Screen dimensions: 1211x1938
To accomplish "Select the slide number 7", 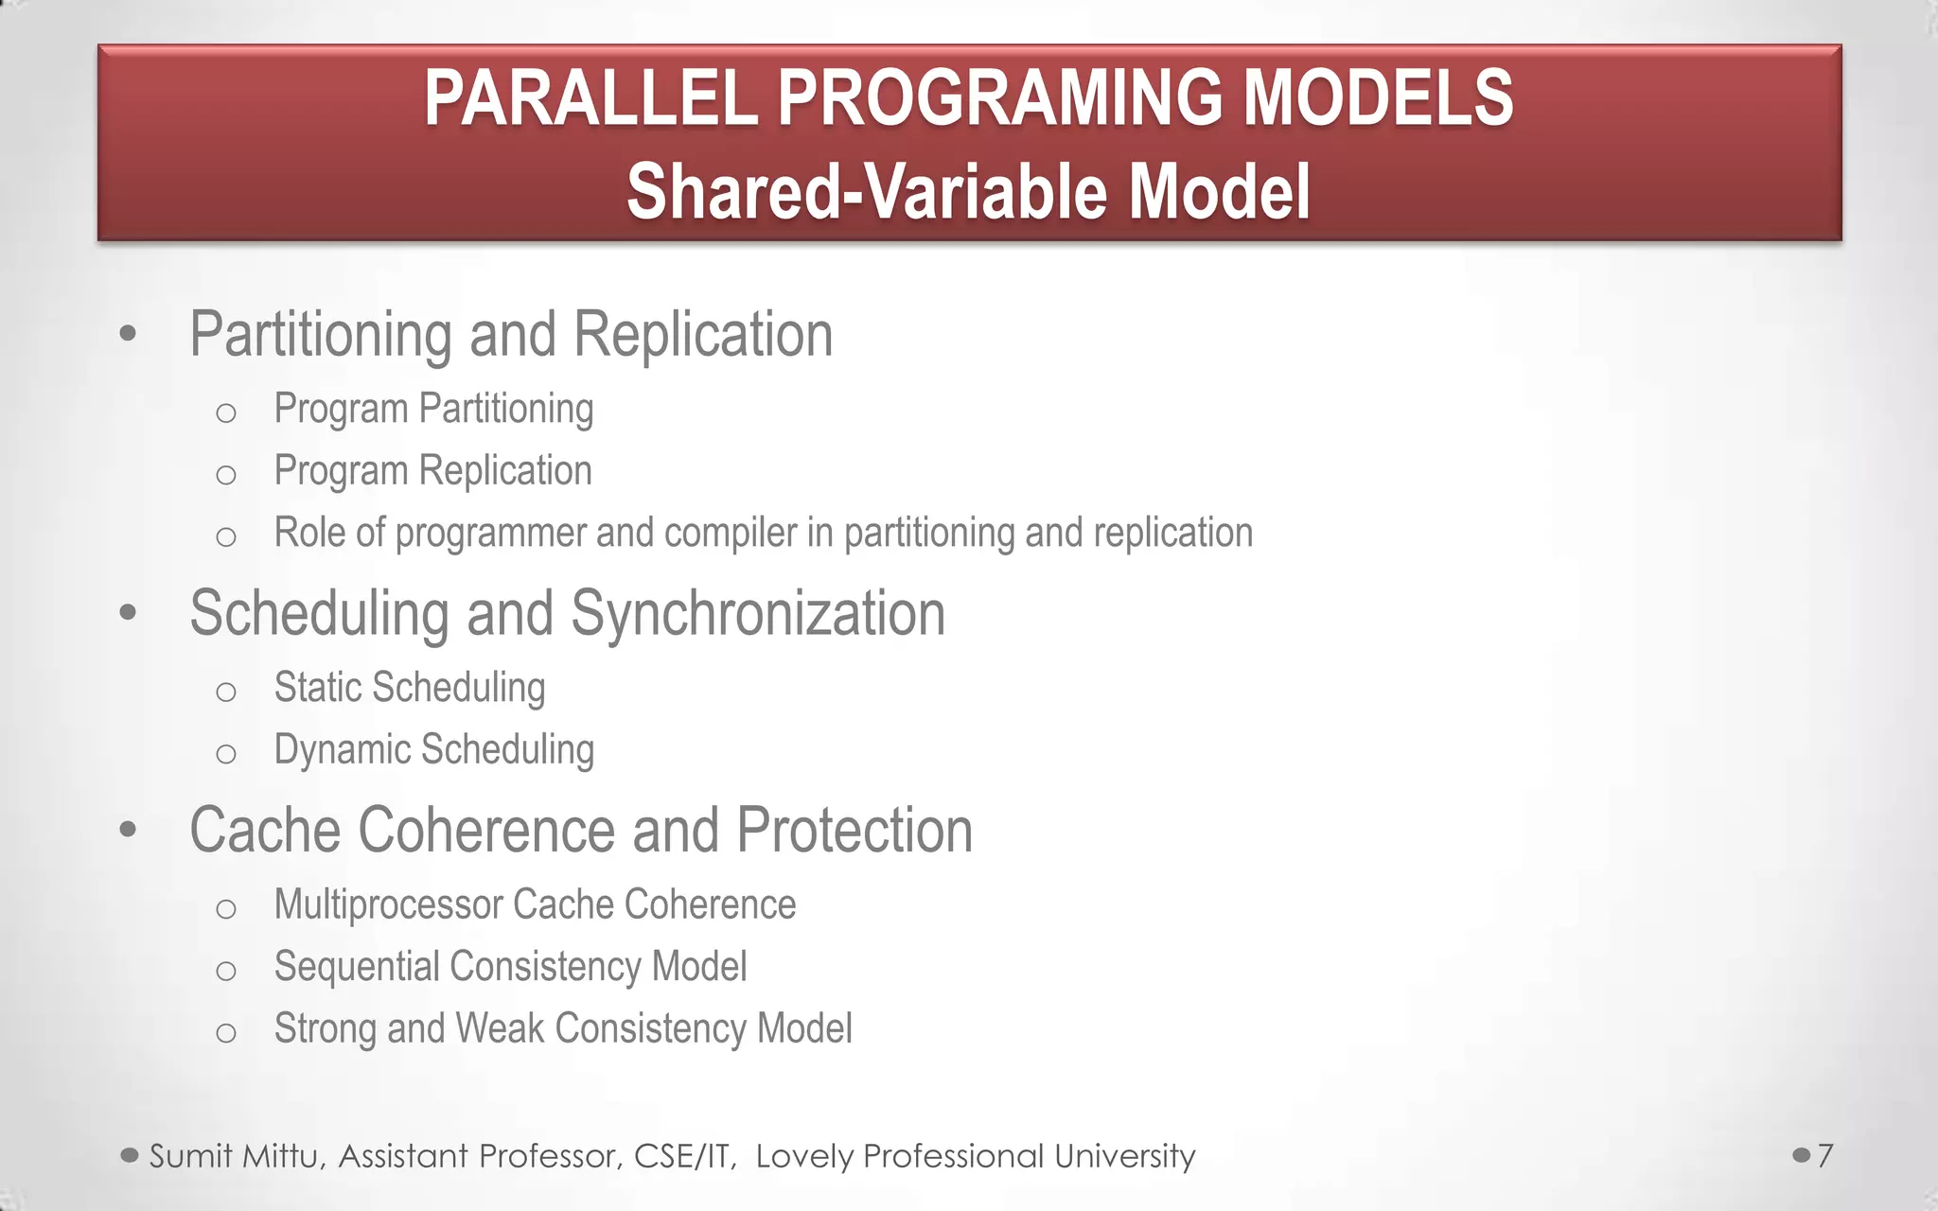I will [x=1825, y=1155].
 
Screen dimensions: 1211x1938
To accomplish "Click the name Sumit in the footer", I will [x=190, y=1156].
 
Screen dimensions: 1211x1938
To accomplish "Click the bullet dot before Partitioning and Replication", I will [x=129, y=333].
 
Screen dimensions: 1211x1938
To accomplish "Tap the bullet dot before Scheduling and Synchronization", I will [x=129, y=612].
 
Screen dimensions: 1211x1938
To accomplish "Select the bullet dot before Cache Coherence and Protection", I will [x=129, y=830].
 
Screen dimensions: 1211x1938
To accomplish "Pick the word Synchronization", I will [x=757, y=613].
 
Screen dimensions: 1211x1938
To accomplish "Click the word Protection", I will [x=854, y=831].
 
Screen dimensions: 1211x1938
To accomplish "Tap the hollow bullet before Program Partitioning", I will [x=225, y=412].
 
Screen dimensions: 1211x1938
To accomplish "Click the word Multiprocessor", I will [x=388, y=904].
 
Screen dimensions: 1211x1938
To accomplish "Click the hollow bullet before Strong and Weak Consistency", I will [x=225, y=1032].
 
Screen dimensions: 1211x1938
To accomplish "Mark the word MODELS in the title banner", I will [x=1377, y=98].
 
